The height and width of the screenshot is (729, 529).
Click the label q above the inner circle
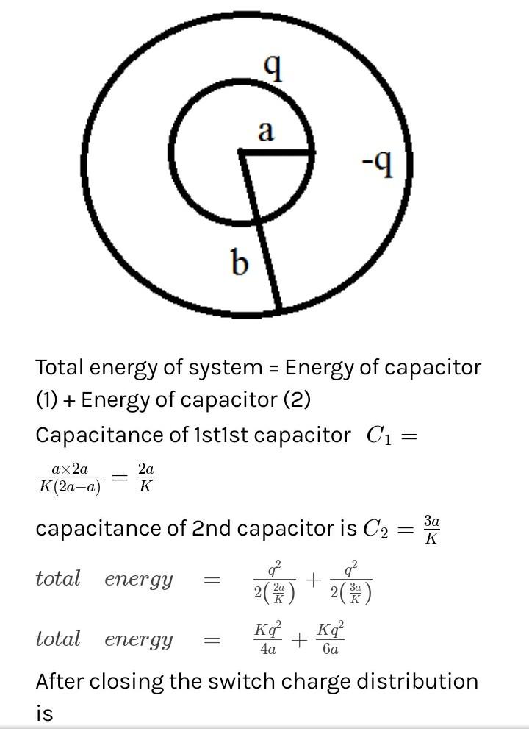click(273, 68)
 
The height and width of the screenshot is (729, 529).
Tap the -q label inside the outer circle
click(378, 164)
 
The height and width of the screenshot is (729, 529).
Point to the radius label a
click(265, 131)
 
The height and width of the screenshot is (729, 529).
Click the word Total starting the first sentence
click(60, 367)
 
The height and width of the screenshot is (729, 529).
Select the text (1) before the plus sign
click(47, 400)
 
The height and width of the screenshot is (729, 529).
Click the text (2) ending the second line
click(297, 400)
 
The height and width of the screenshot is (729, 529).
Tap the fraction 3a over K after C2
click(431, 529)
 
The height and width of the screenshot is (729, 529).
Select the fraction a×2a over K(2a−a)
click(70, 478)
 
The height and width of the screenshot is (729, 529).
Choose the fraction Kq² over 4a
click(268, 639)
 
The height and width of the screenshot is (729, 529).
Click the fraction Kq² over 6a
click(331, 639)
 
